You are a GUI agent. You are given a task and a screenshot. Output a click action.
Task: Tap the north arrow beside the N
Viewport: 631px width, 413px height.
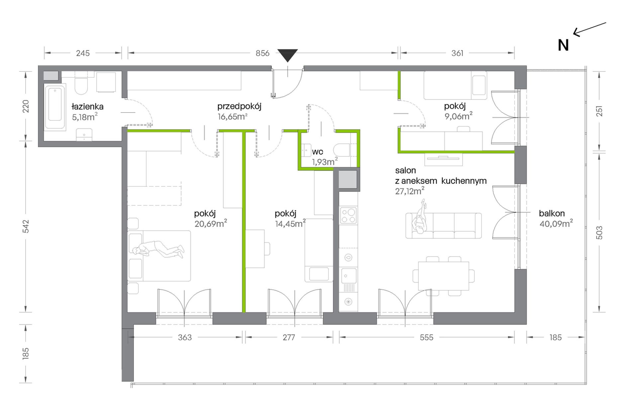(589, 29)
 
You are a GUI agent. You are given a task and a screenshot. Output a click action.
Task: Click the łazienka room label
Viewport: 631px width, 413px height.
(87, 107)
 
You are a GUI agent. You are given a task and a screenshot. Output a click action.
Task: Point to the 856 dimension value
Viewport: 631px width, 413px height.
(262, 53)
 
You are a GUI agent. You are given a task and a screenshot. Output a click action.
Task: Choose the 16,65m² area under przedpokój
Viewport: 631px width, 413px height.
(232, 117)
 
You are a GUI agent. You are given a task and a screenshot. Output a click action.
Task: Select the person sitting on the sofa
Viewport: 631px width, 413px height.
(419, 218)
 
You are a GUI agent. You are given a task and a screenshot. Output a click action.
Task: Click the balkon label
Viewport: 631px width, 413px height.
(552, 213)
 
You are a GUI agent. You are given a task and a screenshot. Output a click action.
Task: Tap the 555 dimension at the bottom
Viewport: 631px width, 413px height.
(426, 338)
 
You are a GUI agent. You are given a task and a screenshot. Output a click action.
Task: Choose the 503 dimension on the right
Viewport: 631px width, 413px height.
(599, 233)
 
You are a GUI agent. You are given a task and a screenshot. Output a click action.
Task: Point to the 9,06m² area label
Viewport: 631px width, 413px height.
(459, 116)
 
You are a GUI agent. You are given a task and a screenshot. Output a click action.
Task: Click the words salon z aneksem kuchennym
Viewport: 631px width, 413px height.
(441, 176)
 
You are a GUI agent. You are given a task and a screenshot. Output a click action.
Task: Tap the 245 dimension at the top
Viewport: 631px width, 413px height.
(83, 53)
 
